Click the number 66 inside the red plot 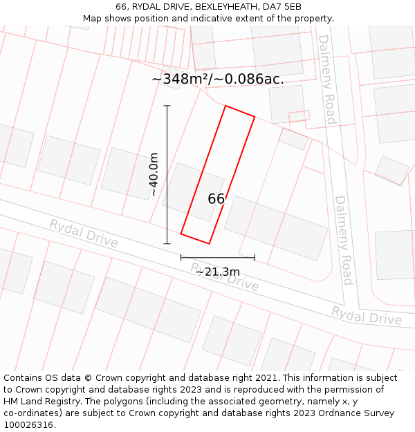216,199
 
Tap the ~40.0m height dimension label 154,174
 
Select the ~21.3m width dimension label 217,272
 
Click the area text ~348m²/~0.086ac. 218,79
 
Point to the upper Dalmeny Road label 326,79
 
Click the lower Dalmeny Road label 344,240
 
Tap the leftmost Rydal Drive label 83,233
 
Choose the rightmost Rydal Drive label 366,315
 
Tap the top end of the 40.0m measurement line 167,106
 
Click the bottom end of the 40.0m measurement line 167,243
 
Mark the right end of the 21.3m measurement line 255,258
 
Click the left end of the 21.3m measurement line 181,258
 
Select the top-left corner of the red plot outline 225,106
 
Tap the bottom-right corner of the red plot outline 209,243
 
